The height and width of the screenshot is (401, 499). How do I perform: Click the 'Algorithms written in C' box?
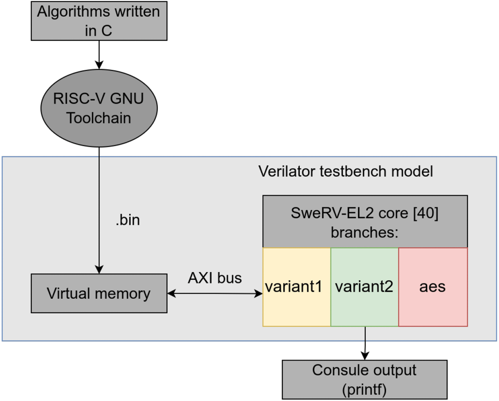pos(99,21)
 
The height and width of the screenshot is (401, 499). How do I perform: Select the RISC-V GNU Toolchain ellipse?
pos(99,108)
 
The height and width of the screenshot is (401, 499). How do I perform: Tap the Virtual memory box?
pos(99,293)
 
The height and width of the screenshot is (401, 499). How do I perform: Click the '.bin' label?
pos(128,220)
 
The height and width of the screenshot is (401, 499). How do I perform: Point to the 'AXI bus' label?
pos(214,278)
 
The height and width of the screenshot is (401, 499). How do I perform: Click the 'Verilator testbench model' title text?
pos(345,171)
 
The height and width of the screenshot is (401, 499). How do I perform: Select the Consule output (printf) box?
pos(364,379)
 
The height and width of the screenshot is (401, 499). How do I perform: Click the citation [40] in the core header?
pos(426,213)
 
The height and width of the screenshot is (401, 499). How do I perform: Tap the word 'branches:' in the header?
pos(364,232)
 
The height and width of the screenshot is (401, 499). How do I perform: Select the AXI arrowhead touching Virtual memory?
pos(172,293)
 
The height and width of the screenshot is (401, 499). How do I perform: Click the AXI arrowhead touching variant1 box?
pos(258,293)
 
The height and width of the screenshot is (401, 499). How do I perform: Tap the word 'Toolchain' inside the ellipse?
pos(99,118)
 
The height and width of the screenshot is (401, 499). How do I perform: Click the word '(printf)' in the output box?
pos(364,389)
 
